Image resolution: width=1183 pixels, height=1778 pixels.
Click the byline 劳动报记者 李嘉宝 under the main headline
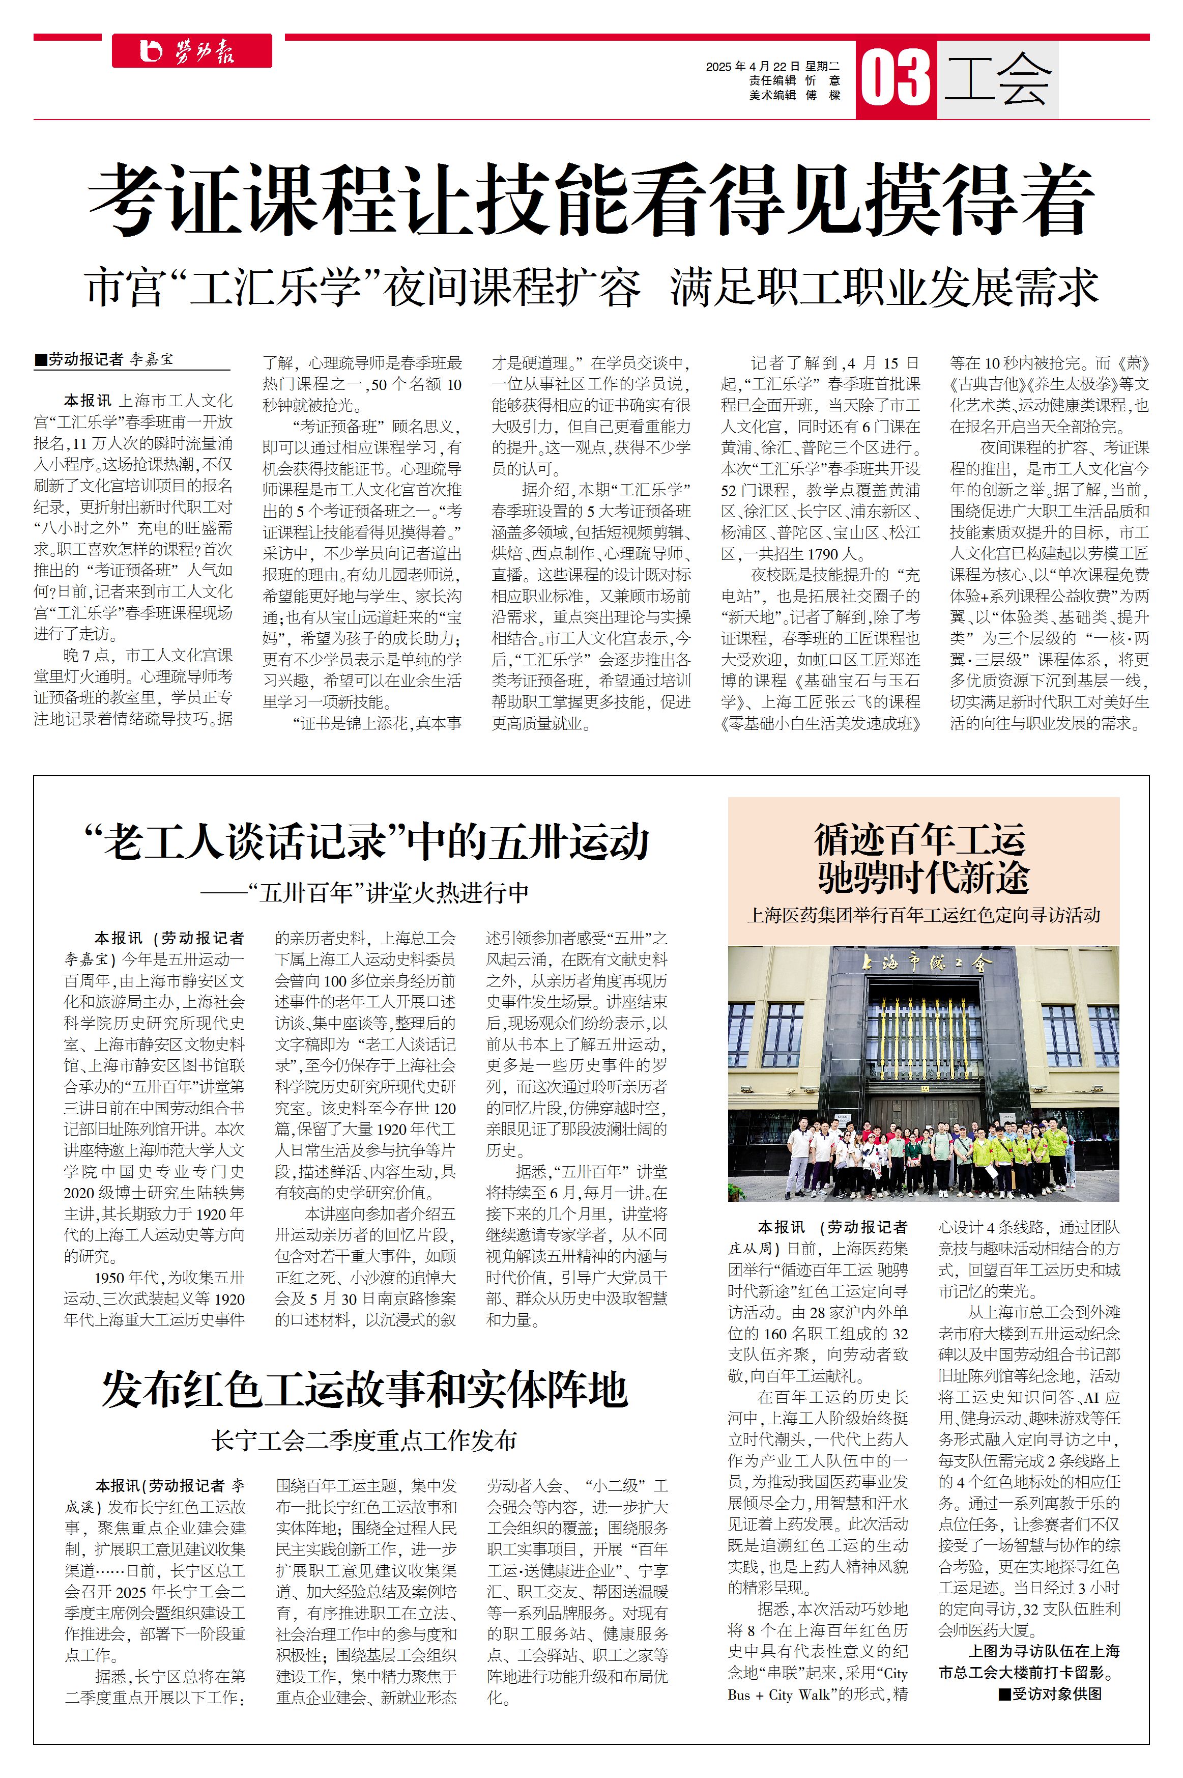coord(104,359)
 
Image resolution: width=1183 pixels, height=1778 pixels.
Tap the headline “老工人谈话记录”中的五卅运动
coord(367,842)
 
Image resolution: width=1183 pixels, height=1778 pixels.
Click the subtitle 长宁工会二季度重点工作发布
coord(365,1440)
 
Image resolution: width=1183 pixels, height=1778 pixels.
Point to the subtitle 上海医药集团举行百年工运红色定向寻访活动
coord(924,915)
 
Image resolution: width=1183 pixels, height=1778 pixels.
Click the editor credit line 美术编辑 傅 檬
coord(794,95)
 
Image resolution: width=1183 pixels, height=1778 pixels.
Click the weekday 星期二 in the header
coord(822,66)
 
